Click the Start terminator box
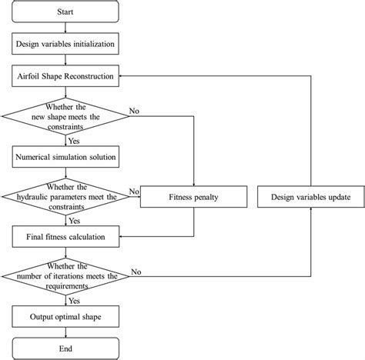click(65, 12)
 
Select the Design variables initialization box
click(65, 45)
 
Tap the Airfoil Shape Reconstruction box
click(65, 77)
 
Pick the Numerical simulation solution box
click(65, 157)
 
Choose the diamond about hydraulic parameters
click(65, 197)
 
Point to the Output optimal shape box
click(65, 316)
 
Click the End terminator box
click(65, 348)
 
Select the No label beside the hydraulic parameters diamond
click(133, 191)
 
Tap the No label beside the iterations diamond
click(137, 271)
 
